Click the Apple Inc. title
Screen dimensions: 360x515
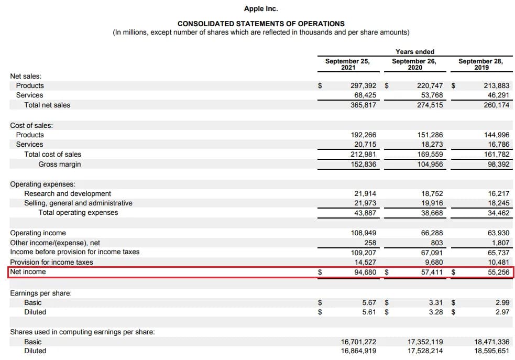click(x=261, y=8)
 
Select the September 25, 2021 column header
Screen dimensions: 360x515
click(x=347, y=64)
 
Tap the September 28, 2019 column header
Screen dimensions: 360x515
click(x=480, y=64)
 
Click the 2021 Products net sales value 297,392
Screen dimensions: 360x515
click(x=363, y=85)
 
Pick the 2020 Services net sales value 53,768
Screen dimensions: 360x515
click(x=430, y=95)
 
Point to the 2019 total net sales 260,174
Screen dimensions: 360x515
click(x=497, y=105)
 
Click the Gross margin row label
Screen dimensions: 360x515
click(x=60, y=164)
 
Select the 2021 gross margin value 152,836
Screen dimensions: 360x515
click(x=363, y=164)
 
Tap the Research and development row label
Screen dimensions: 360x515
click(x=68, y=193)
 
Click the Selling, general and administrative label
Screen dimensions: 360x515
click(x=78, y=203)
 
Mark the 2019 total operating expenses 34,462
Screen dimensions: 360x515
click(x=498, y=212)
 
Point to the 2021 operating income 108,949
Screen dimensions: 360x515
click(x=363, y=233)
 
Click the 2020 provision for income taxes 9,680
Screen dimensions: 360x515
click(x=433, y=262)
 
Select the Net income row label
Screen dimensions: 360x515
click(x=28, y=271)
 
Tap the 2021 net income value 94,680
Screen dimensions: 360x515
click(x=365, y=272)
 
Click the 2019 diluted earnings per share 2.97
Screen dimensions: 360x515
click(x=502, y=312)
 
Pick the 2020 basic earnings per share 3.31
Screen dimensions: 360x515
click(x=435, y=302)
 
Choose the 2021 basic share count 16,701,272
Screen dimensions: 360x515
click(x=358, y=342)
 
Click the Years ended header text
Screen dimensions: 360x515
click(x=415, y=51)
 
